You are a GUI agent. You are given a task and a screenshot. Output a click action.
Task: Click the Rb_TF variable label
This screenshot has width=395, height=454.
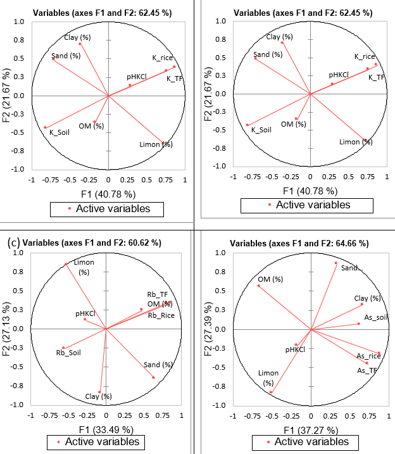(x=158, y=294)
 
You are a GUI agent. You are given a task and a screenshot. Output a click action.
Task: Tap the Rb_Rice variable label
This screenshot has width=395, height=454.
(x=161, y=315)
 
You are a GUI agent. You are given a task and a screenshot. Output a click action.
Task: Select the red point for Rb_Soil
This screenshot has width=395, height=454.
(x=63, y=348)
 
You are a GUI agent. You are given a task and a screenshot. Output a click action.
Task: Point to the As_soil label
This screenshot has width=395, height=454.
(x=377, y=317)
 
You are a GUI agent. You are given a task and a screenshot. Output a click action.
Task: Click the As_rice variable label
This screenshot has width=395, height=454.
(x=368, y=356)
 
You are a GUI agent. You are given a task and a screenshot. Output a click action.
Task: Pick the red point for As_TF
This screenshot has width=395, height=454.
(x=367, y=363)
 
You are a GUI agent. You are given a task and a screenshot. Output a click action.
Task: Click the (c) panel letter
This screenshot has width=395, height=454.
(x=12, y=242)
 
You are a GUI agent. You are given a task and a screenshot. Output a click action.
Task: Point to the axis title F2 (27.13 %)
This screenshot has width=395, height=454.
(x=11, y=329)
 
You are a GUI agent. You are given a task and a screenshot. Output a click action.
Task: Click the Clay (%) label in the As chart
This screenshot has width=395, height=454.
(x=367, y=298)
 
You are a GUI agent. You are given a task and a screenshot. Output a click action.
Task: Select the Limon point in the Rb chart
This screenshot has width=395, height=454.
(x=66, y=265)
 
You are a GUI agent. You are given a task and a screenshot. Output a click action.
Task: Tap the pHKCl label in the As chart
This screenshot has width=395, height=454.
(x=296, y=350)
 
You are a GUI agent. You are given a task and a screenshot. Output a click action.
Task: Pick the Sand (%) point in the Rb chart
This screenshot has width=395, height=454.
(x=153, y=377)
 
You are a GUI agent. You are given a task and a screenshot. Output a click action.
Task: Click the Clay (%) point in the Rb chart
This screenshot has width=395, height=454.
(x=99, y=391)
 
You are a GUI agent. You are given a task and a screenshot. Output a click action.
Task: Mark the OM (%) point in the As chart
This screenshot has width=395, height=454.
(x=258, y=286)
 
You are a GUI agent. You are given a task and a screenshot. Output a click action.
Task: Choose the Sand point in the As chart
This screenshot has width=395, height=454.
(x=335, y=263)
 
